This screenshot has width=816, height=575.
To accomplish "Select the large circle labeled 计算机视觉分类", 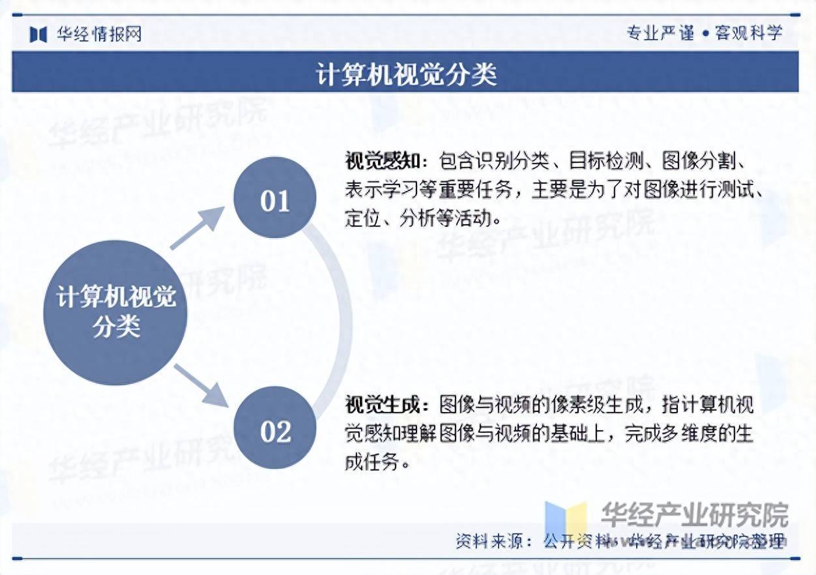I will [x=116, y=312].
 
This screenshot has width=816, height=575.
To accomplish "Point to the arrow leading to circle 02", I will [x=200, y=385].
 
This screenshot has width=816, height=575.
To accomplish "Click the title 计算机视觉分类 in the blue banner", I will [x=407, y=74].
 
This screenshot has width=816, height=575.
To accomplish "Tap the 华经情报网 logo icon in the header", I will [x=38, y=34].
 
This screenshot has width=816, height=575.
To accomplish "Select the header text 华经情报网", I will [x=98, y=34].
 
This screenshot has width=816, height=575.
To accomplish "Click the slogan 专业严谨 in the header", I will [x=660, y=33].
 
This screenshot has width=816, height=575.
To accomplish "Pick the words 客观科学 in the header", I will [x=748, y=33].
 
